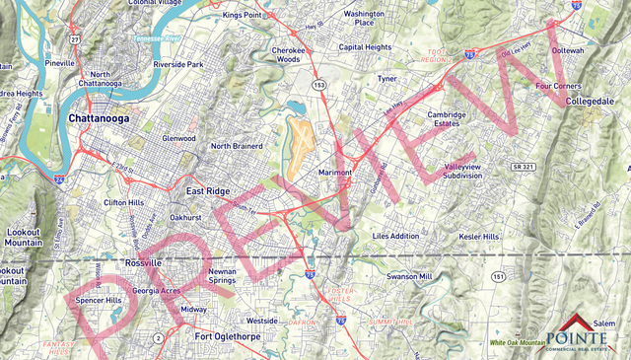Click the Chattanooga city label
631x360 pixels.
pyautogui.click(x=102, y=118)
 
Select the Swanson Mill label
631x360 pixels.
pyautogui.click(x=409, y=277)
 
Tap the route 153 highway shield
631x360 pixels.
pyautogui.click(x=319, y=85)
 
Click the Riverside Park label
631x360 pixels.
pyautogui.click(x=177, y=65)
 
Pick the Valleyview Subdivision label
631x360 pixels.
pyautogui.click(x=473, y=173)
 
